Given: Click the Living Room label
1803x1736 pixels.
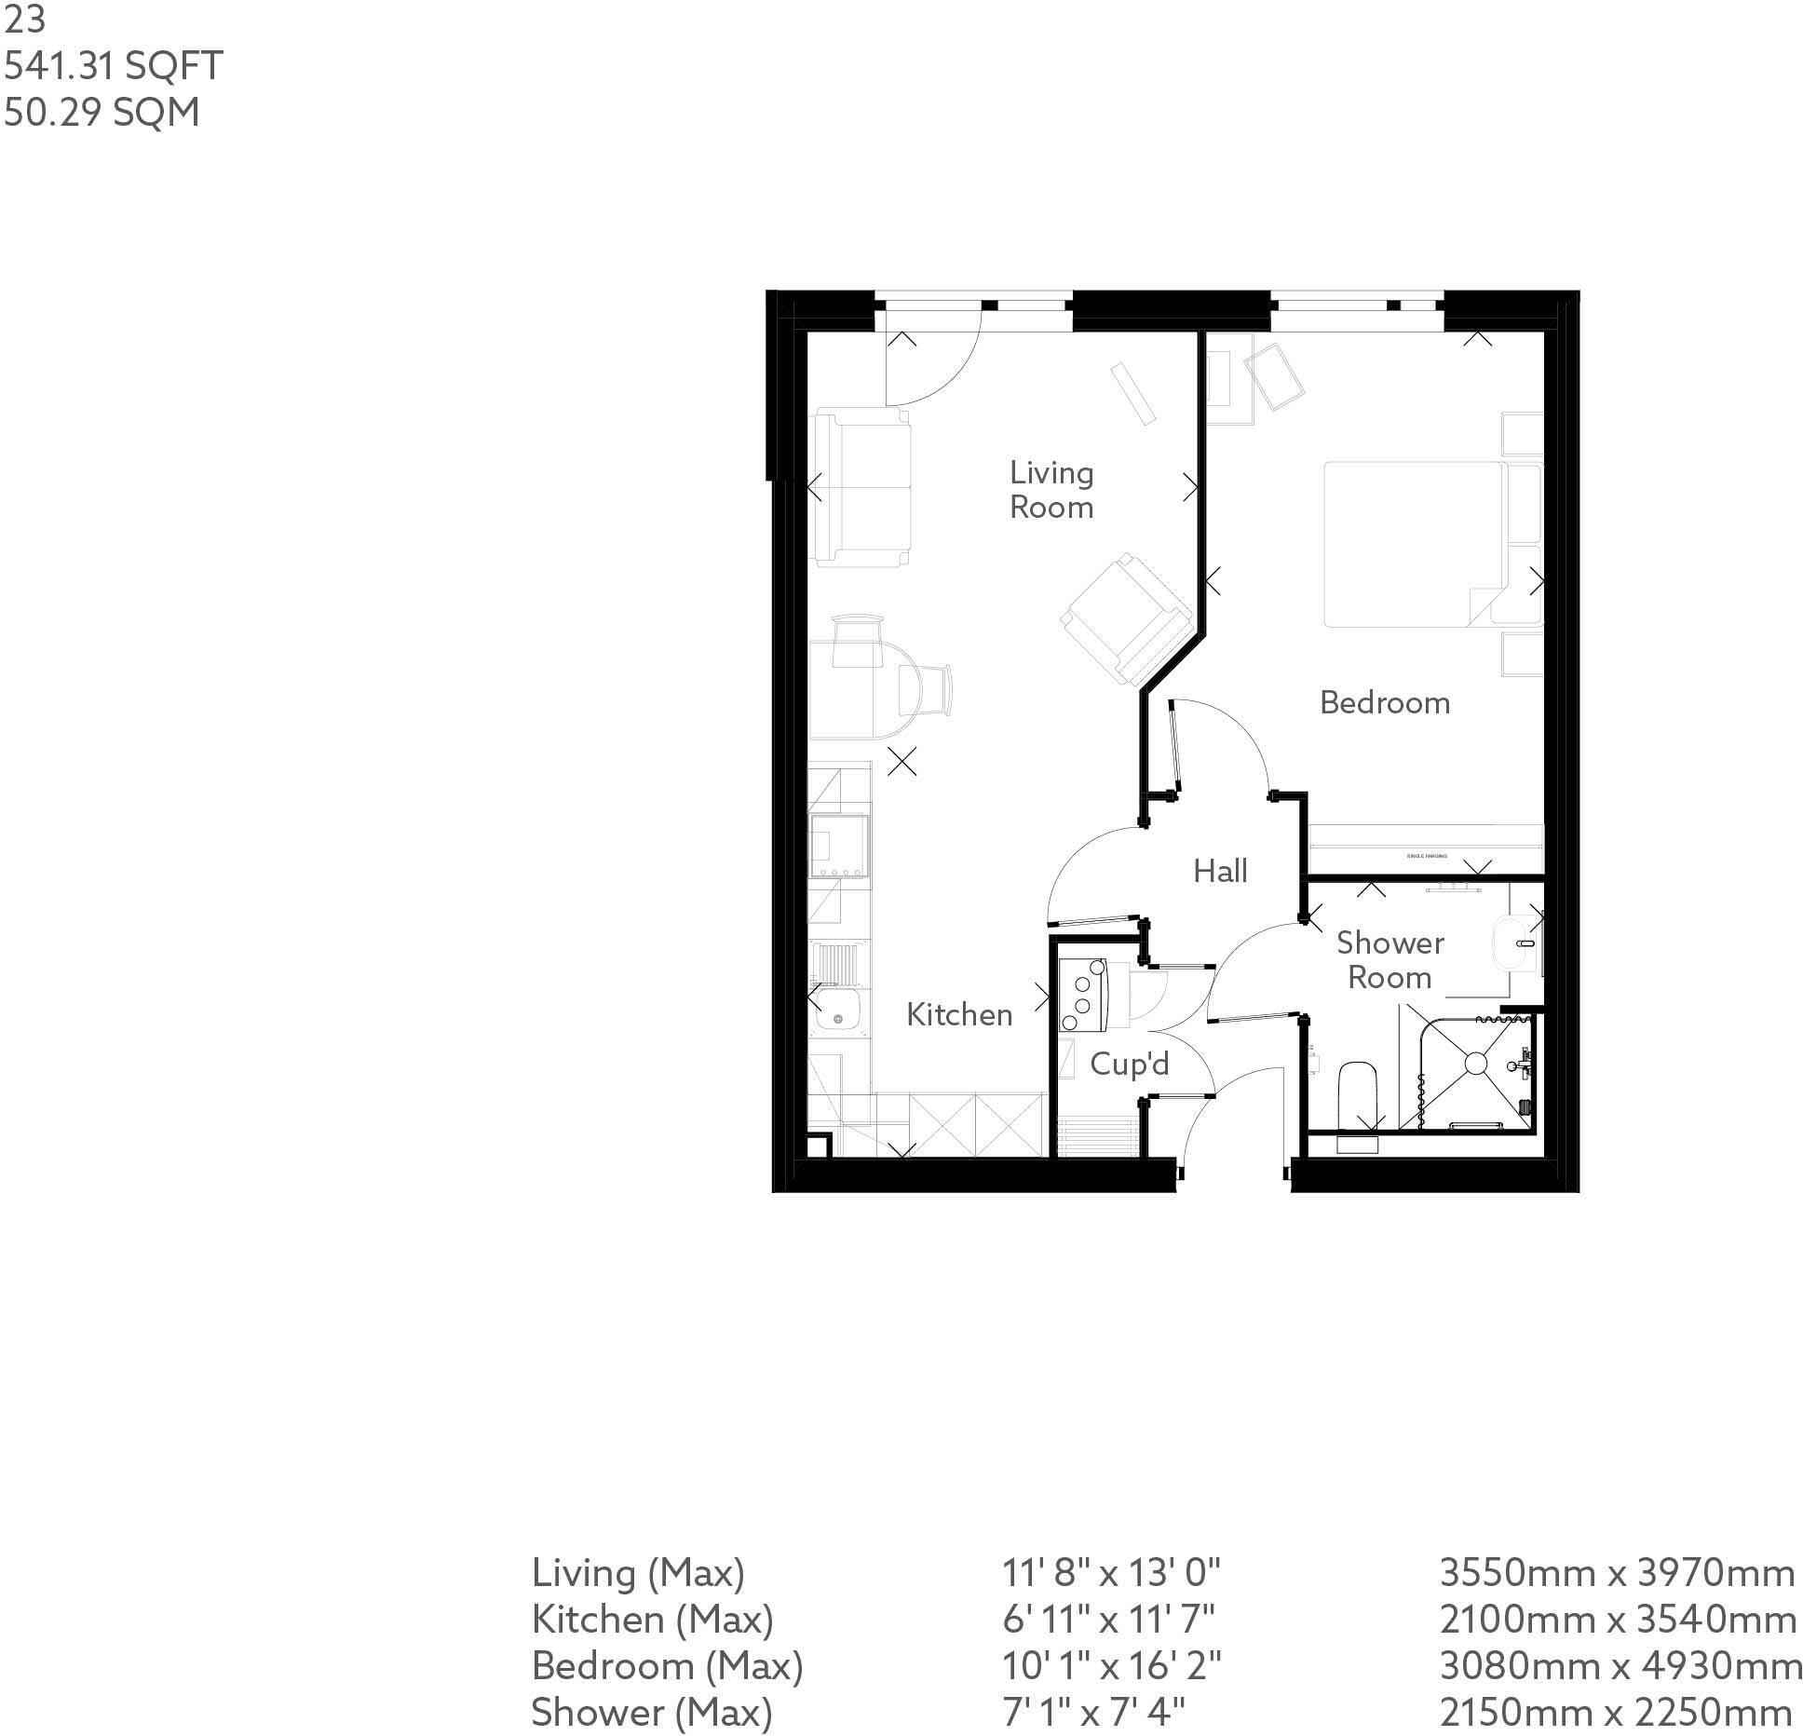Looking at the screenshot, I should click(x=1051, y=490).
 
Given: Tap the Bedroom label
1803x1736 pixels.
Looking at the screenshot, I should click(x=1385, y=703).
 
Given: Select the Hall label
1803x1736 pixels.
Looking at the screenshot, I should click(x=1220, y=872).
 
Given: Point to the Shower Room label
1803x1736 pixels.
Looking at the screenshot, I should click(x=1390, y=960).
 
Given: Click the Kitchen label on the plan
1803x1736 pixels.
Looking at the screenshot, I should click(x=959, y=1015).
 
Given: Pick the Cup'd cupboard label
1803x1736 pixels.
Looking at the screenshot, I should click(x=1129, y=1064).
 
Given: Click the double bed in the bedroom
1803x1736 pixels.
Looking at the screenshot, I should click(x=1413, y=544).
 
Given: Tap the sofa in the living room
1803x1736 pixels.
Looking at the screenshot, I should click(x=862, y=488).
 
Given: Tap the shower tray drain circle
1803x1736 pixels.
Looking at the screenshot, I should click(x=1476, y=1063).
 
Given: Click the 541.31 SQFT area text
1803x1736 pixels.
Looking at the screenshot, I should click(x=113, y=66).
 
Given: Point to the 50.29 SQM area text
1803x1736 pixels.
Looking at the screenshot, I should click(x=102, y=112).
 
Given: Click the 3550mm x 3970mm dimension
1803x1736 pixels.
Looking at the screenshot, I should click(x=1617, y=1573).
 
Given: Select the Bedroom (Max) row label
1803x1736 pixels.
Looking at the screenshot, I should click(x=667, y=1665).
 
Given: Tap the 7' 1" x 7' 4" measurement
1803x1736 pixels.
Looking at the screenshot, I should click(x=1093, y=1712).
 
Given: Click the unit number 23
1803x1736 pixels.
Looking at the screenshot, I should click(x=24, y=20).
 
